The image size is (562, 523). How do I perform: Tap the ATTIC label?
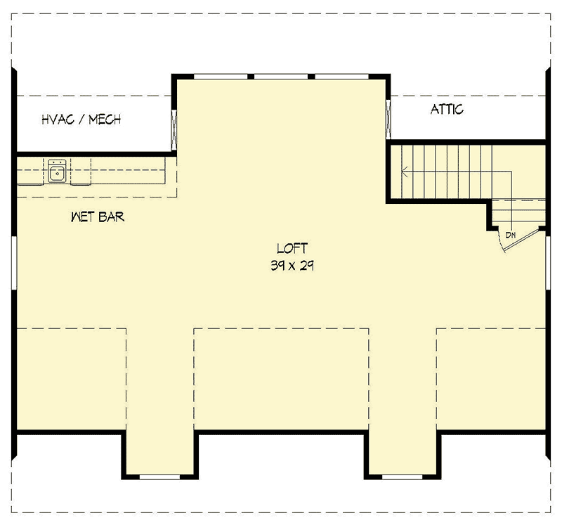click(x=447, y=110)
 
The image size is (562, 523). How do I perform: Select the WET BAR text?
click(x=98, y=217)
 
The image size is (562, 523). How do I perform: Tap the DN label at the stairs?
click(x=511, y=235)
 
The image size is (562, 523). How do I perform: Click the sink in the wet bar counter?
click(x=58, y=170)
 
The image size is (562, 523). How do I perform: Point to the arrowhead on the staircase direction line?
click(x=405, y=169)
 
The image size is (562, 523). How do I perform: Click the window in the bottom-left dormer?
click(x=160, y=477)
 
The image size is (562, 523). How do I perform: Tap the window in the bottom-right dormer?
click(x=402, y=477)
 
